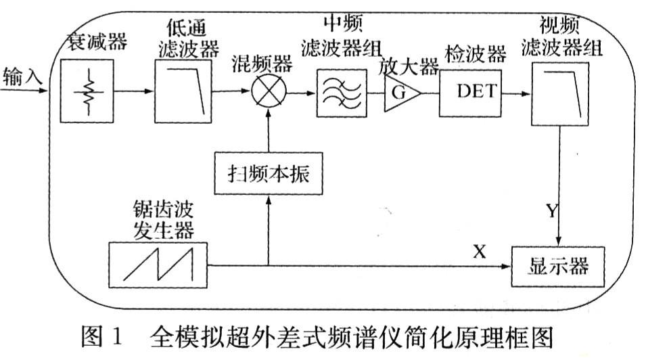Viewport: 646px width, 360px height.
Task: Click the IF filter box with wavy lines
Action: (342, 91)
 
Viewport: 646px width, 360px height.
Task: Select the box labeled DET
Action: (471, 92)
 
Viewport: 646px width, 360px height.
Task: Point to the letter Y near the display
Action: (553, 211)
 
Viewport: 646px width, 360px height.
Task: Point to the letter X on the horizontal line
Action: (479, 252)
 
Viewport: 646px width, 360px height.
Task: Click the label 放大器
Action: (409, 66)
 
